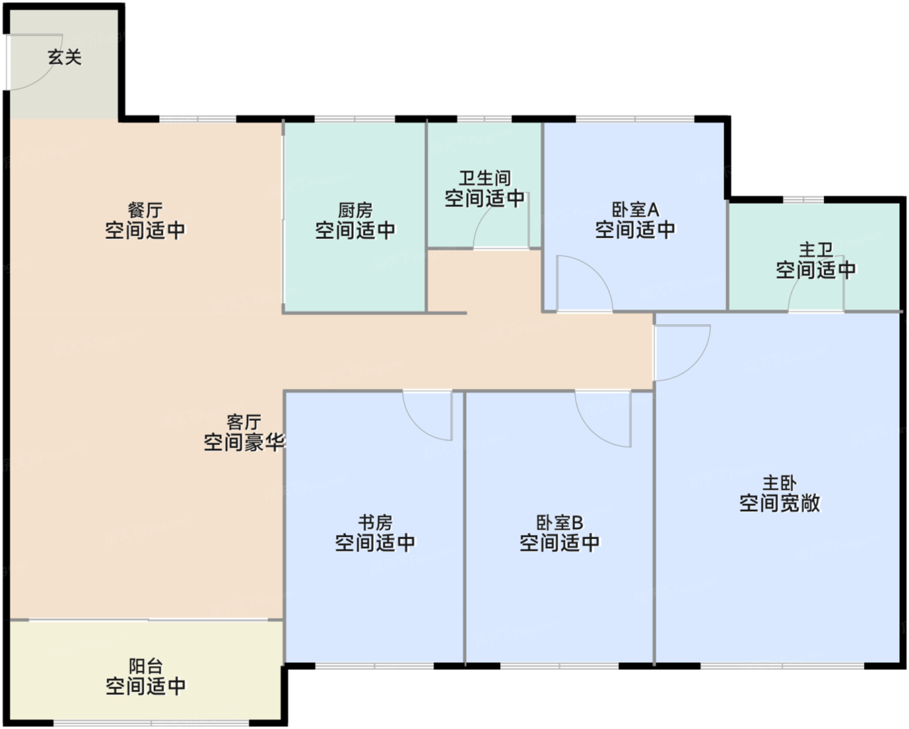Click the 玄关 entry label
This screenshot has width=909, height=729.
[x=64, y=57]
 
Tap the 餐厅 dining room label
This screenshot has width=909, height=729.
[x=145, y=209]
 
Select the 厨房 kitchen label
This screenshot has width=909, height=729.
[x=355, y=209]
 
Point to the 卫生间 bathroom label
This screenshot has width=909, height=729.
[x=485, y=178]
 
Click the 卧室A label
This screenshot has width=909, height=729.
[x=635, y=209]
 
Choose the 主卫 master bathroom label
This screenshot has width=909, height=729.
[x=816, y=250]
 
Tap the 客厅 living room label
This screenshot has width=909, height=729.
[x=244, y=422]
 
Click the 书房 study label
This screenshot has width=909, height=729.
[x=375, y=523]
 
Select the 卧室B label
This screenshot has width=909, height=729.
[x=560, y=523]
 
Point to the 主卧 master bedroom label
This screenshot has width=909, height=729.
[x=780, y=483]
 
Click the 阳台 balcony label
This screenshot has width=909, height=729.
[x=145, y=666]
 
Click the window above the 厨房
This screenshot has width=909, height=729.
[x=355, y=119]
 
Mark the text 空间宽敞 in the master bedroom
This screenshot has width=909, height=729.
[x=780, y=503]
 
